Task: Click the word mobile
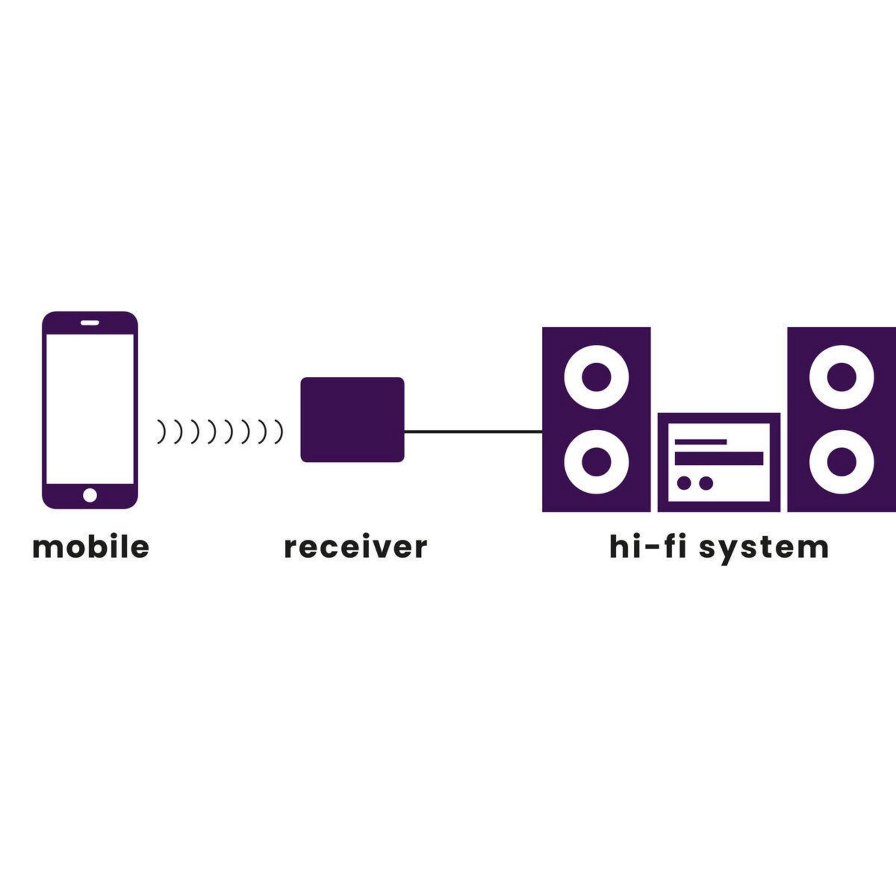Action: coord(91,547)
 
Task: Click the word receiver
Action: coord(355,547)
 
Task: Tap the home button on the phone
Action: coord(90,495)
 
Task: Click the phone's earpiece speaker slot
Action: coord(90,322)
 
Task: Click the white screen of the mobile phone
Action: coord(90,408)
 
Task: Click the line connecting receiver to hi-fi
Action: coord(473,432)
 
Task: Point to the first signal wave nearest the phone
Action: coord(161,432)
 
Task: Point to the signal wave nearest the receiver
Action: coord(278,432)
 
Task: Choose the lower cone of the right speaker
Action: coord(841,462)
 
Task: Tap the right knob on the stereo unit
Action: coord(706,483)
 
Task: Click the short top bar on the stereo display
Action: coord(700,441)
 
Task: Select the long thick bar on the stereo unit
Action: coord(719,458)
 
